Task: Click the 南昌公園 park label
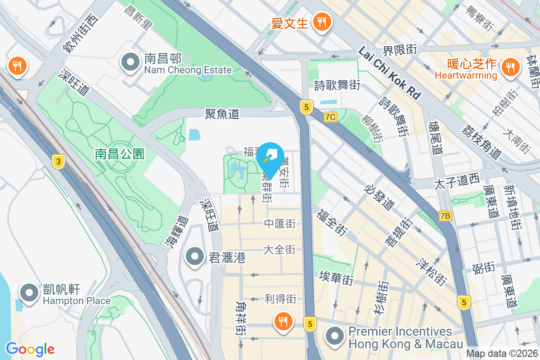point(120,154)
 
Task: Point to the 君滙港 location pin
point(195,257)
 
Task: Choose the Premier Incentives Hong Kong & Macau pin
point(335,336)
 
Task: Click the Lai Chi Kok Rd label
point(390,74)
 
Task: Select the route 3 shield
point(57,162)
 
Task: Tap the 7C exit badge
point(330,117)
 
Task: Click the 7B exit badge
point(445,216)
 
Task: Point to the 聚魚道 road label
point(222,114)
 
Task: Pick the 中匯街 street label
point(279,223)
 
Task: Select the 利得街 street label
point(280,298)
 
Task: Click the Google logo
point(30,349)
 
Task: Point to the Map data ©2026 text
point(502,354)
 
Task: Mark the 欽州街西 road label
point(80,34)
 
